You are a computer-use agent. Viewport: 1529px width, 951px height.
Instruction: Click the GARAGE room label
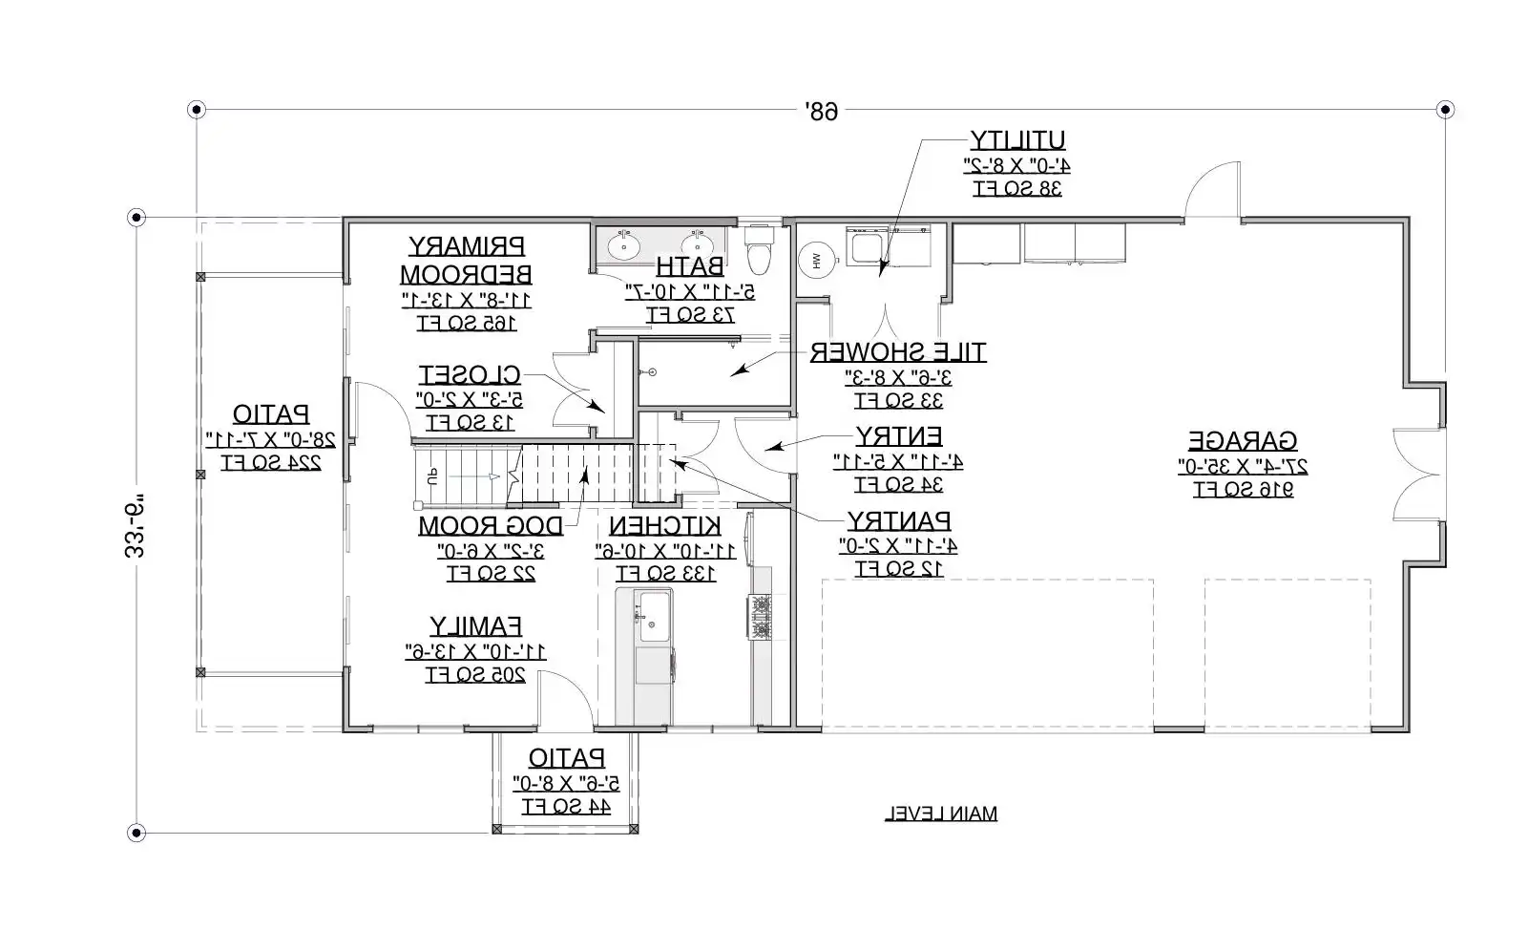(x=1242, y=441)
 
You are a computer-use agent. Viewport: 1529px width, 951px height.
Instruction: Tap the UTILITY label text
(x=1017, y=140)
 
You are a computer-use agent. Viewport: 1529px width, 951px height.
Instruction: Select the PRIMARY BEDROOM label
(x=466, y=260)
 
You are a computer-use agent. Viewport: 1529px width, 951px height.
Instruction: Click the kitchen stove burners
(x=760, y=616)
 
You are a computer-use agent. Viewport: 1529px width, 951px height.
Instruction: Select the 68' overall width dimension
(x=820, y=112)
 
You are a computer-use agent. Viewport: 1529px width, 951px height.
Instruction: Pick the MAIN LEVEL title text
(x=941, y=814)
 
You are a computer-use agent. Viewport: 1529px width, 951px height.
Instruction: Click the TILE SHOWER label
(x=898, y=352)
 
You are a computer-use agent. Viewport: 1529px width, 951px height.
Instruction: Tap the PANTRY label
(x=898, y=521)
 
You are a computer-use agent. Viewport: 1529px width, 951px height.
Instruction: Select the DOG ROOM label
(x=491, y=526)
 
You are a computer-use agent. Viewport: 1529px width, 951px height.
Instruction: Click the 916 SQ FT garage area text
(x=1242, y=490)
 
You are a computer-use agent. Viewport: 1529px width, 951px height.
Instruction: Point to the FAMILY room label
(x=475, y=626)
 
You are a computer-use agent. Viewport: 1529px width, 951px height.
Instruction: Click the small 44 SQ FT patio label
(x=566, y=807)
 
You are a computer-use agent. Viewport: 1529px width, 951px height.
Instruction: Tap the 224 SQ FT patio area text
(x=271, y=463)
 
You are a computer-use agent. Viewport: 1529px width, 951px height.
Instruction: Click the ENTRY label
(x=898, y=436)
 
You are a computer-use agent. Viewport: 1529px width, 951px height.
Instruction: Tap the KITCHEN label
(x=665, y=526)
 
